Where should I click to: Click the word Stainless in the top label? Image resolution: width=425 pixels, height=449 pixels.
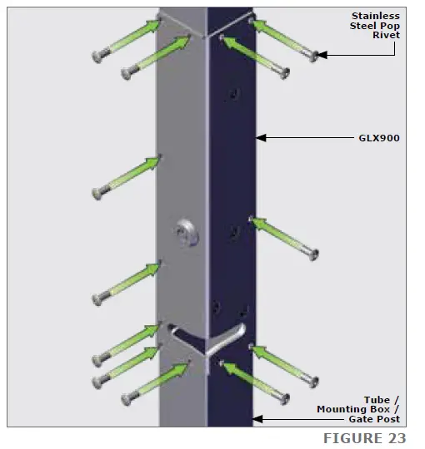(x=375, y=17)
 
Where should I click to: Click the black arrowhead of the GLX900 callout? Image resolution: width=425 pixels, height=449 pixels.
(x=261, y=138)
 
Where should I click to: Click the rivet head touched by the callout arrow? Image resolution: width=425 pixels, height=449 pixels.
(x=312, y=56)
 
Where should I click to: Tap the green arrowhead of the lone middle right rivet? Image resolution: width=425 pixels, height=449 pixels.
(x=257, y=222)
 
